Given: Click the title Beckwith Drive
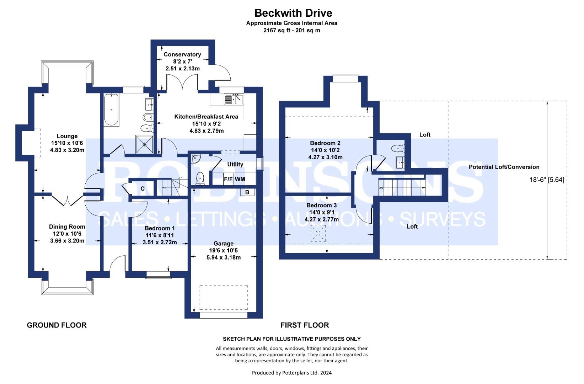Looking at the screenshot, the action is (293, 13).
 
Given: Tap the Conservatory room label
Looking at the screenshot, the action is (182, 54).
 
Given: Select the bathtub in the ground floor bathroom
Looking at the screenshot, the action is (111, 110).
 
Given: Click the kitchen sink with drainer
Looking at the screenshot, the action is (234, 100).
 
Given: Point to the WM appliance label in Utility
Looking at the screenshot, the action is (240, 179).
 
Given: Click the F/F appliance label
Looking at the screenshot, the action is (228, 179).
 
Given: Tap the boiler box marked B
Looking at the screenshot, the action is (247, 192).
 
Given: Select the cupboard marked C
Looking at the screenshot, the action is (143, 188).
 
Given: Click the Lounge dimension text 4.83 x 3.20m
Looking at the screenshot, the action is (67, 150).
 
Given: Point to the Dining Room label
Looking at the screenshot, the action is (67, 227).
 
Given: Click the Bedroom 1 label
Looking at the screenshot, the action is (160, 228).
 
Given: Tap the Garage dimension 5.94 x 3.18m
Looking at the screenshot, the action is (224, 257).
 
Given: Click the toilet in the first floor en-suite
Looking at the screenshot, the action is (398, 148).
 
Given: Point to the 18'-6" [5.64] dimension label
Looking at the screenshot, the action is (547, 180).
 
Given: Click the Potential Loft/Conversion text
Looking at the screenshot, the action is (504, 167).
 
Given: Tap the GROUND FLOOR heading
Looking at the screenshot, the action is (57, 325).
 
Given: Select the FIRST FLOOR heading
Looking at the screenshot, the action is (305, 325).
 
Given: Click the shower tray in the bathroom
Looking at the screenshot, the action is (144, 144).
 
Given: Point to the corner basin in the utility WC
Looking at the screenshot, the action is (195, 159).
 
